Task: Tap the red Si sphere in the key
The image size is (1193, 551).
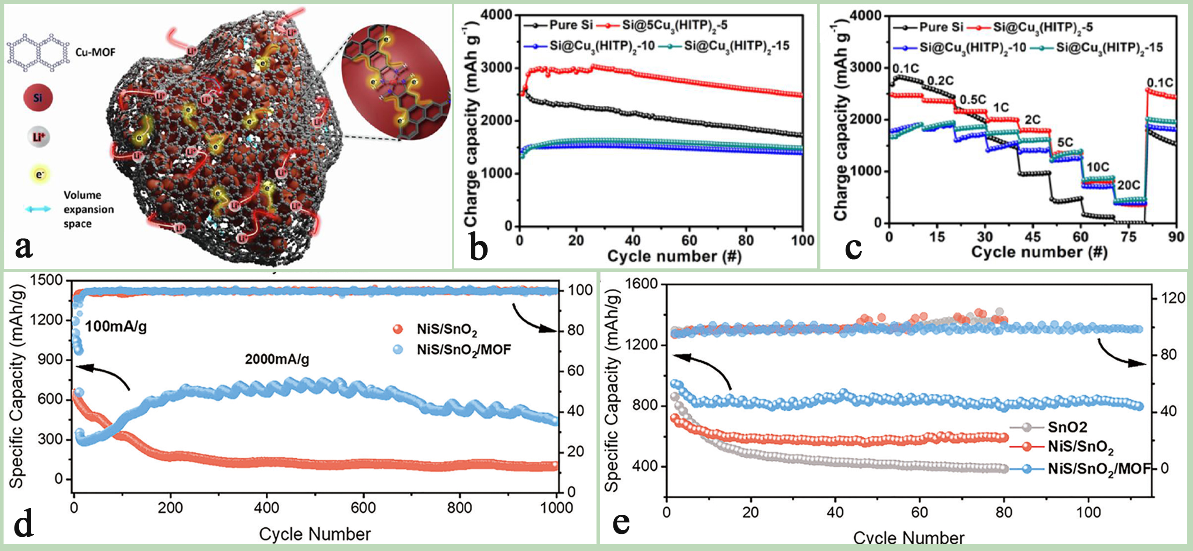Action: (x=38, y=98)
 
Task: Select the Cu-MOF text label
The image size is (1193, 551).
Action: (x=95, y=52)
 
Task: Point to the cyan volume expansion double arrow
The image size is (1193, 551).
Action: (x=38, y=209)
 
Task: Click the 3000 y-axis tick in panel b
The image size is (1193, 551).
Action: (x=496, y=68)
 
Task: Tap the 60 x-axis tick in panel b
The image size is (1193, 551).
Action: (x=689, y=241)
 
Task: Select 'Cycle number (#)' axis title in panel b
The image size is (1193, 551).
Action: (x=674, y=256)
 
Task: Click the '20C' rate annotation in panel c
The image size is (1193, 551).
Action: (x=1128, y=186)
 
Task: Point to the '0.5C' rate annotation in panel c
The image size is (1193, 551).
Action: (x=973, y=100)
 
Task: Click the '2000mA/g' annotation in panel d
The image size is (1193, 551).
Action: (x=277, y=359)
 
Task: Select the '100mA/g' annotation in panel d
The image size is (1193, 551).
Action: (x=116, y=327)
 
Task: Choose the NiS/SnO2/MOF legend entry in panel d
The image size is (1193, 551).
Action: (x=463, y=349)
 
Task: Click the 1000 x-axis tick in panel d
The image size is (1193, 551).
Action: (x=556, y=508)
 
